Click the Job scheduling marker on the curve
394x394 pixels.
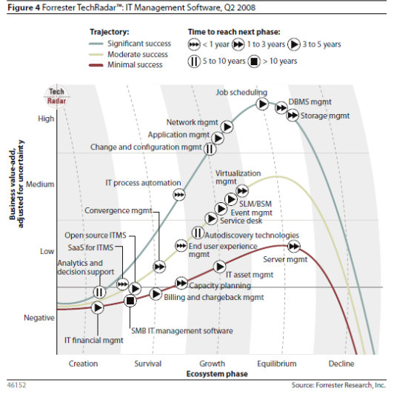pos(263,104)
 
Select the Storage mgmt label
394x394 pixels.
pos(321,116)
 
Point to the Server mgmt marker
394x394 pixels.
pos(294,246)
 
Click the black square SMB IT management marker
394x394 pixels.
pos(130,300)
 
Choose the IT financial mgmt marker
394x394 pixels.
pos(97,307)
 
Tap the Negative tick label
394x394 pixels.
pos(39,318)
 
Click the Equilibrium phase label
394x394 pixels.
pos(277,363)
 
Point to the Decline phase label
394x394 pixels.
pos(341,363)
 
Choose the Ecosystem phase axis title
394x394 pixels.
pos(210,373)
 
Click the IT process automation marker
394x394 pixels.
pos(179,194)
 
